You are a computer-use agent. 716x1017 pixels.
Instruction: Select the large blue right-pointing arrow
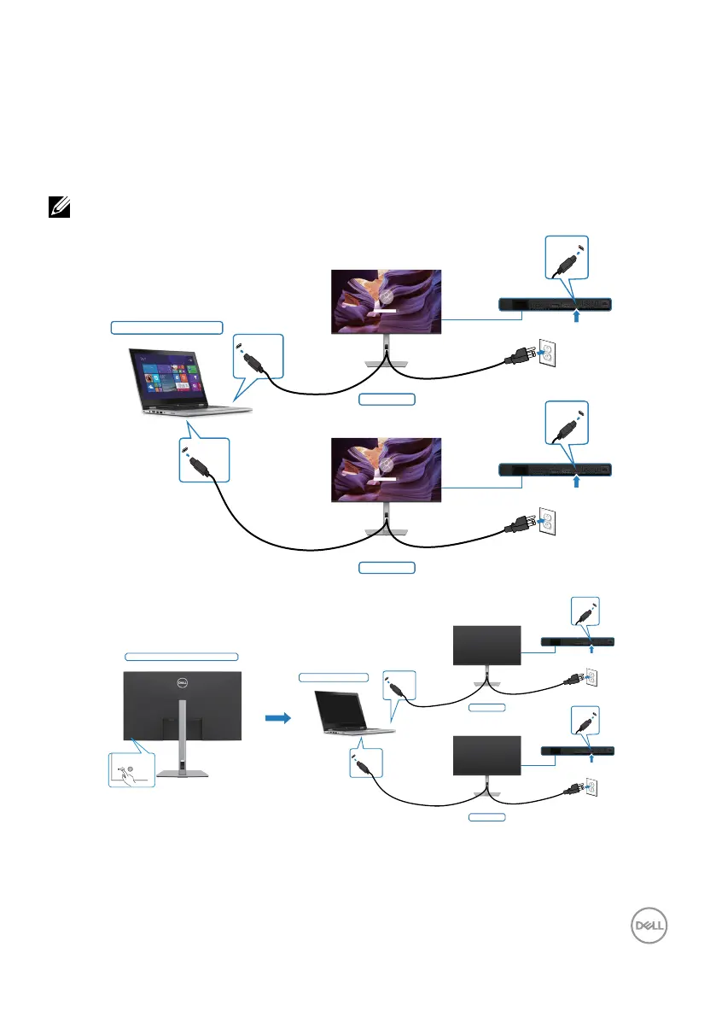277,718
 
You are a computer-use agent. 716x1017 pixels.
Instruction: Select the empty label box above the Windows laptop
167,327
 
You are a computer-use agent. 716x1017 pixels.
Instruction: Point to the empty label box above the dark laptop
334,677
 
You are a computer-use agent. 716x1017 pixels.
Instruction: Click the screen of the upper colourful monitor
387,301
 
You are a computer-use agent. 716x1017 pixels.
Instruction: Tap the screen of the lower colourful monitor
387,470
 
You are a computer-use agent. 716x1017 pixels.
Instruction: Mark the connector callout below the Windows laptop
203,464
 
